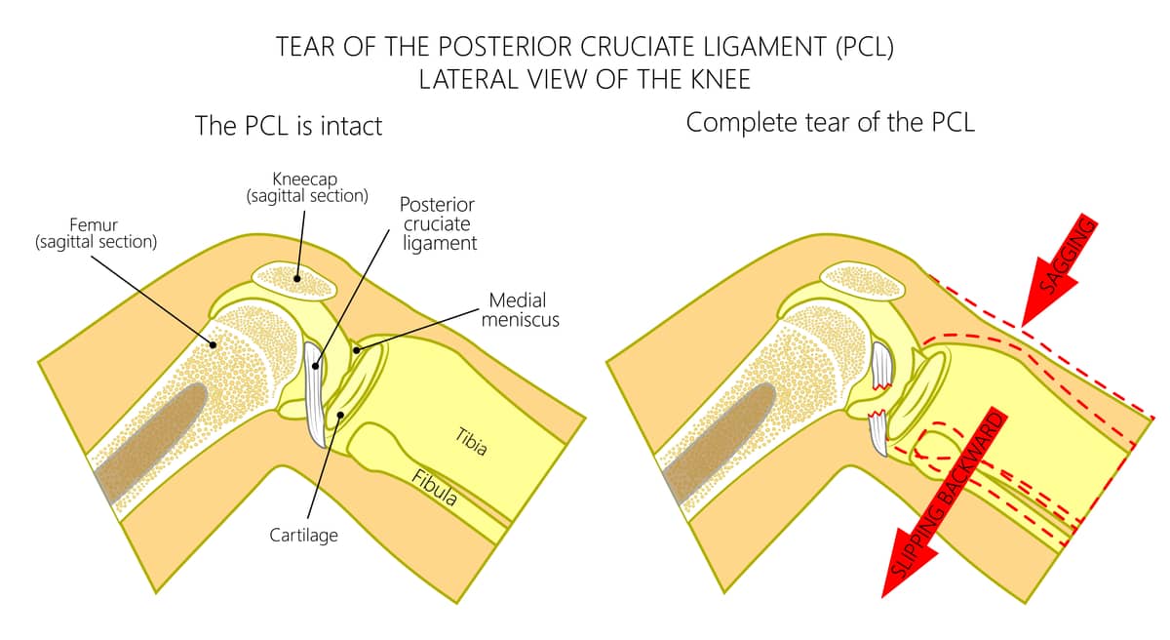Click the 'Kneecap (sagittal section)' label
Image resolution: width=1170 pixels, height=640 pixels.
[x=307, y=186]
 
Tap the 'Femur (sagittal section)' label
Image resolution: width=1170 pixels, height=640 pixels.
[x=96, y=233]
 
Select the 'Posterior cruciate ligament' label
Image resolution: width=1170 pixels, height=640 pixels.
[x=439, y=224]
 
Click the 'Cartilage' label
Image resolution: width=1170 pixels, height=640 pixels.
[x=304, y=536]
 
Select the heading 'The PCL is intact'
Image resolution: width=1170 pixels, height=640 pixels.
[x=289, y=126]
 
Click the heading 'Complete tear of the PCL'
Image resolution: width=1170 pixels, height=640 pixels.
[x=830, y=124]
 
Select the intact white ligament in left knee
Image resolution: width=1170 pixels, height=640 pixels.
[x=317, y=390]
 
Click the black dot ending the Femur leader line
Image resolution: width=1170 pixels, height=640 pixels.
[x=213, y=341]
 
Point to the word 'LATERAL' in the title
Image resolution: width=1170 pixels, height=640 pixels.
[x=467, y=79]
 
